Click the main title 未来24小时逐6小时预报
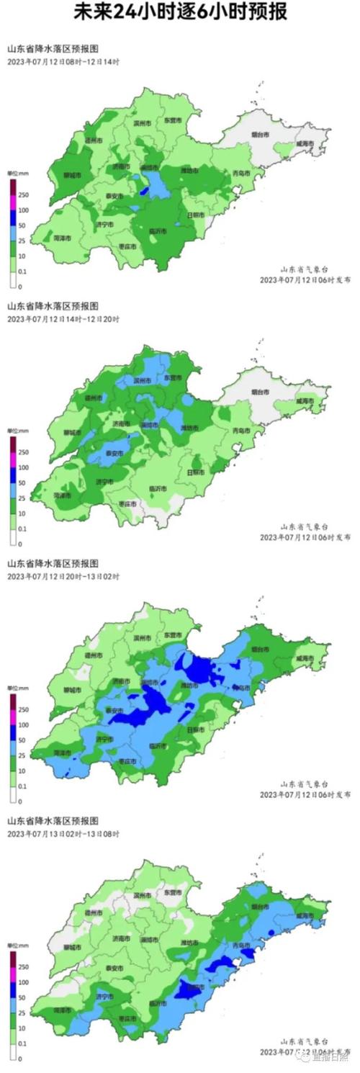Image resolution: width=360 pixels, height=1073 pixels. (x=180, y=12)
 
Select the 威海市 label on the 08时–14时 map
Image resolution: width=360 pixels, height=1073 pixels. (x=307, y=143)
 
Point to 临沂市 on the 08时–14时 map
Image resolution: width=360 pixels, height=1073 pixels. (x=158, y=230)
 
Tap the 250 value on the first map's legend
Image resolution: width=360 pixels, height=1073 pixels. (x=23, y=194)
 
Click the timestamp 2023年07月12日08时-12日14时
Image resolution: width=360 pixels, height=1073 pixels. (x=63, y=62)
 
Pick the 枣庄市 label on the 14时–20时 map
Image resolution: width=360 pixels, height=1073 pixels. (x=128, y=504)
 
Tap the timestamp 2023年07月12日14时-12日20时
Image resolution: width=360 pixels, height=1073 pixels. (x=63, y=319)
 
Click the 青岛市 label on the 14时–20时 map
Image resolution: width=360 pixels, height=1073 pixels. (x=241, y=431)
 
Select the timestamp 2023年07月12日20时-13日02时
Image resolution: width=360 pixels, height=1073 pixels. (x=63, y=576)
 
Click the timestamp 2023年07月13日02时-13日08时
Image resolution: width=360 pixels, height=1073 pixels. (x=63, y=833)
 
